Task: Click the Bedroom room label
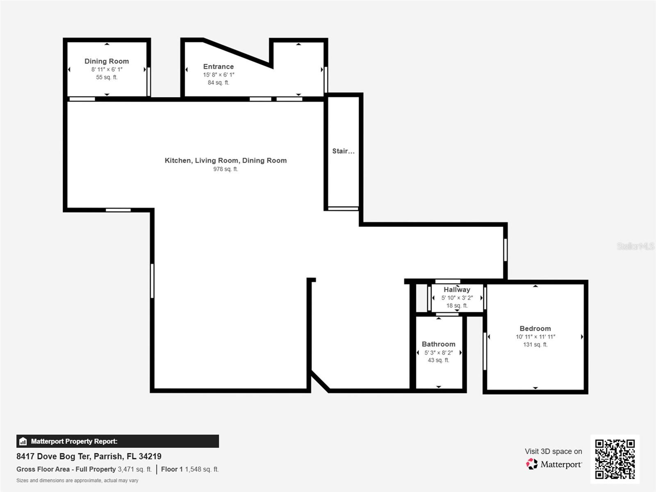[x=535, y=328]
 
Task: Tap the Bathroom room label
[x=438, y=344]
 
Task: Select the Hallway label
[x=457, y=290]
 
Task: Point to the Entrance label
[x=219, y=66]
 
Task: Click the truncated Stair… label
[x=344, y=151]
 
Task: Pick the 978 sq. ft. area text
[x=225, y=169]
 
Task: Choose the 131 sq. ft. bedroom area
[x=535, y=344]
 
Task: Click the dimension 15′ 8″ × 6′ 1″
[x=219, y=75]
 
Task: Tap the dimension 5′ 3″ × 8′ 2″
[x=439, y=353]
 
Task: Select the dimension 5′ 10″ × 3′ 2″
[x=457, y=298]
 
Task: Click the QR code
[x=615, y=459]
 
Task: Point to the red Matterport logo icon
[x=531, y=464]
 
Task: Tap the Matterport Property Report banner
[x=117, y=441]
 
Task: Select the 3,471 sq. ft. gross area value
[x=135, y=469]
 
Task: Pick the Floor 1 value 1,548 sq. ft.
[x=202, y=469]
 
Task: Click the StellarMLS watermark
[x=635, y=246]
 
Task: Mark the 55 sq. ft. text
[x=107, y=77]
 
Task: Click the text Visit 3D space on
[x=553, y=451]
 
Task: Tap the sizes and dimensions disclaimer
[x=77, y=481]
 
